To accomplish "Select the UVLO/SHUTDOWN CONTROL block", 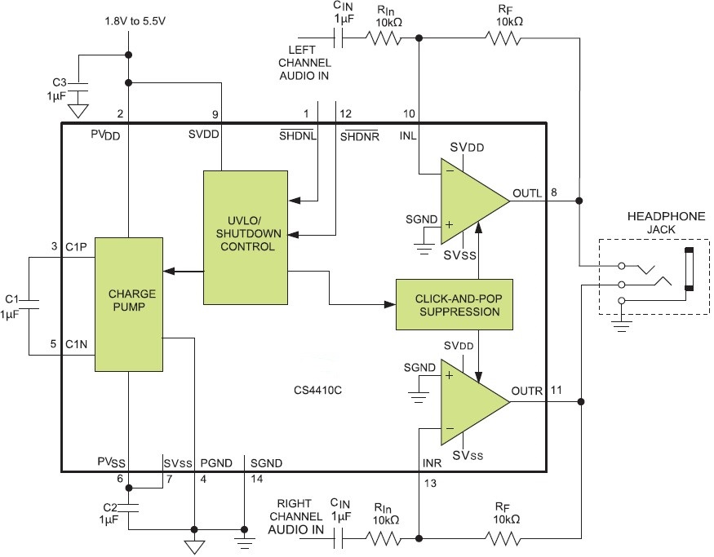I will (246, 236).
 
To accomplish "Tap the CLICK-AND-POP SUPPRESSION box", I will (454, 304).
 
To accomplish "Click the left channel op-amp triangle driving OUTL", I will (469, 201).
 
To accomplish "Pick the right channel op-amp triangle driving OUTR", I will (469, 400).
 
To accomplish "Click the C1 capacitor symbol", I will (29, 305).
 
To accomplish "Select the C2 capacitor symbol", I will (128, 511).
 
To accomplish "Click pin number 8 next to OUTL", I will (554, 192).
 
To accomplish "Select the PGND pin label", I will (215, 463).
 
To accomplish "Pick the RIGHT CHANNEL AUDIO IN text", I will (295, 516).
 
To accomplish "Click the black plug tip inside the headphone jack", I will (690, 269).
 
